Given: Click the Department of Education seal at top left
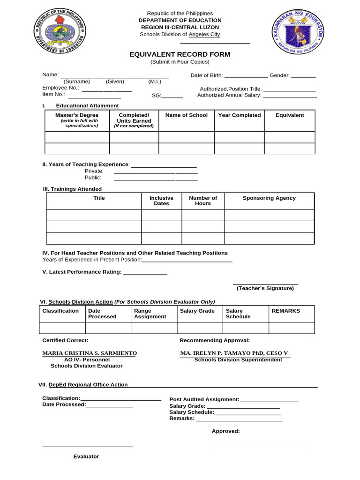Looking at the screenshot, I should pyautogui.click(x=60, y=34).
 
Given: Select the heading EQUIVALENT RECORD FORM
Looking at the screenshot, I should pyautogui.click(x=180, y=54).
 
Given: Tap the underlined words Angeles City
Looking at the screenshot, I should pyautogui.click(x=204, y=35).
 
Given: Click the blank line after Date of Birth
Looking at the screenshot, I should pyautogui.click(x=246, y=76).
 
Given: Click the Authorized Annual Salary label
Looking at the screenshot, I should pyautogui.click(x=229, y=95).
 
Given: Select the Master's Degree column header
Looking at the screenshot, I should pyautogui.click(x=77, y=115).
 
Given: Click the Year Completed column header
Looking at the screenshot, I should pyautogui.click(x=240, y=115).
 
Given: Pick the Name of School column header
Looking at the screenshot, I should pyautogui.click(x=187, y=115).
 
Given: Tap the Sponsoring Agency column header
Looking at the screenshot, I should pyautogui.click(x=269, y=198).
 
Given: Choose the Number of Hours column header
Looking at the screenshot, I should pyautogui.click(x=203, y=201).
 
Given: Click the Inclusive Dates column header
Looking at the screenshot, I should pyautogui.click(x=161, y=201).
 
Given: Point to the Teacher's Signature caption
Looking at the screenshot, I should pyautogui.click(x=265, y=288).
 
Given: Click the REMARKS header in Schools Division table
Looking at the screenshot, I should pyautogui.click(x=285, y=311).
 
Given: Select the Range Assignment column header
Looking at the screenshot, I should pyautogui.click(x=150, y=314).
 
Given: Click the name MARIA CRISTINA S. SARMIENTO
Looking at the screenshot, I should pyautogui.click(x=90, y=353).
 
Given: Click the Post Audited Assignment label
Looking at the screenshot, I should pyautogui.click(x=204, y=400).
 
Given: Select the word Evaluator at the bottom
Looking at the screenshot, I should pyautogui.click(x=86, y=457).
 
